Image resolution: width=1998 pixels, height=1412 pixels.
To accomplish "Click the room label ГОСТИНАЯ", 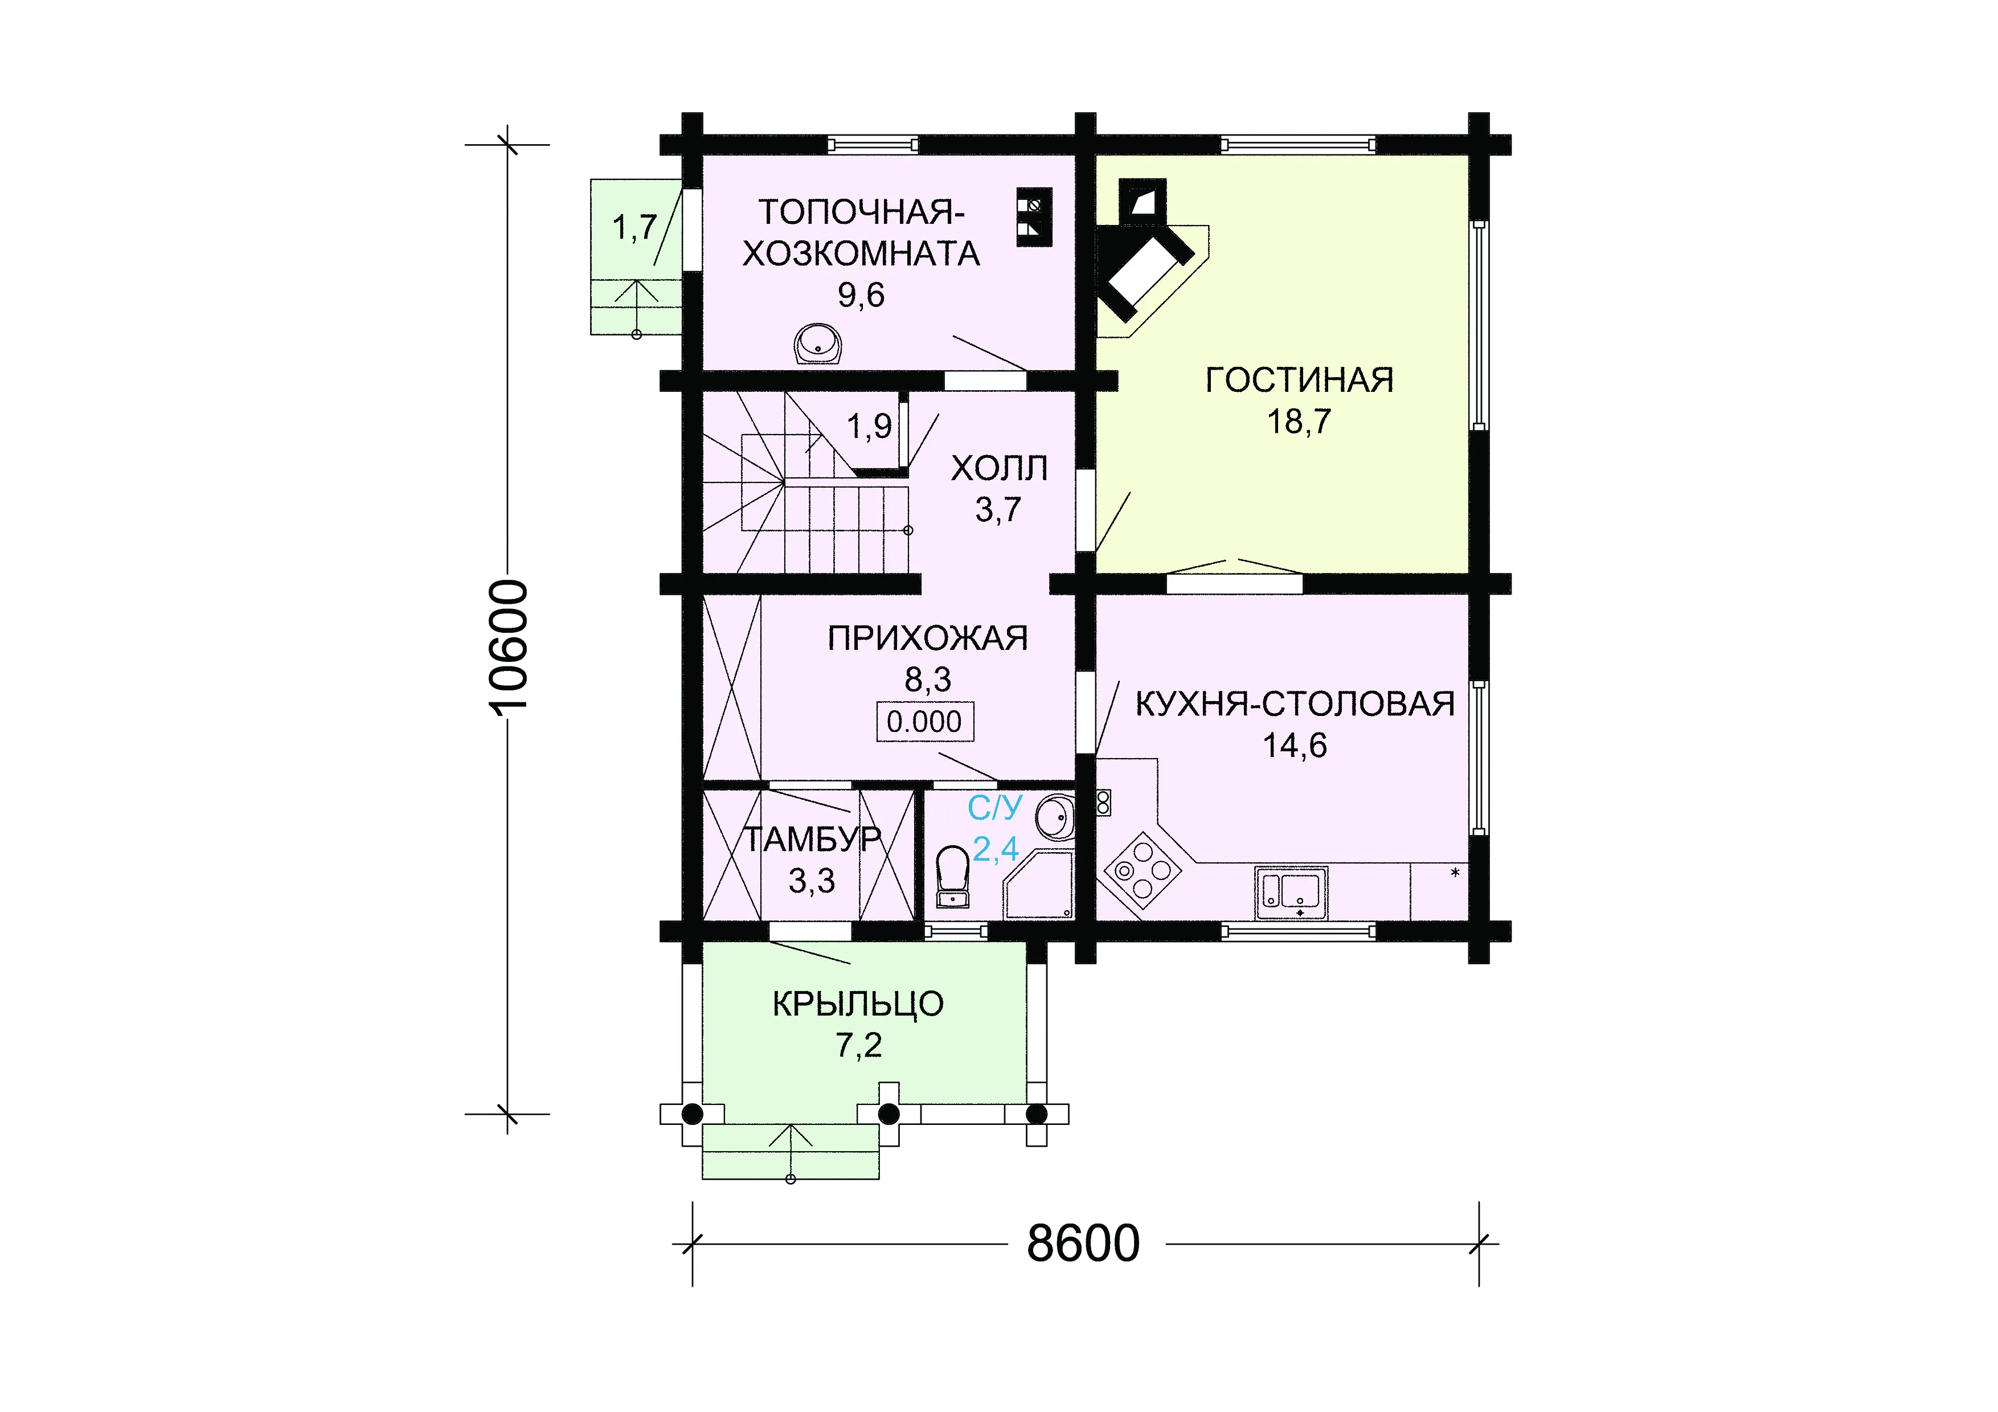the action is tap(1299, 380).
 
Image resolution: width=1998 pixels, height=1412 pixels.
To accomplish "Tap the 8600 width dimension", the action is tap(1083, 1243).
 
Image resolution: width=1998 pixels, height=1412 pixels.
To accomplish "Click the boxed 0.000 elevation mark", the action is tap(924, 721).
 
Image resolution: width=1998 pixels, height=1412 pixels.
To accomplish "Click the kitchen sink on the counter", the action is tap(1291, 893).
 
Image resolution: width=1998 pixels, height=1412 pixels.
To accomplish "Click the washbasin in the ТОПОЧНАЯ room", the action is tap(818, 345).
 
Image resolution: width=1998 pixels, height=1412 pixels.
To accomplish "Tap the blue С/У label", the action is tap(994, 807).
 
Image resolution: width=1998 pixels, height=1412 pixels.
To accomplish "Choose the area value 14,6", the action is tap(1295, 746).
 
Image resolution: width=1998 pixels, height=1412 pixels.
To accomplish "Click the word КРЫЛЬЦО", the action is tap(858, 1004).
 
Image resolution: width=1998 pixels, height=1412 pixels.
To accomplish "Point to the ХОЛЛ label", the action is tap(999, 468).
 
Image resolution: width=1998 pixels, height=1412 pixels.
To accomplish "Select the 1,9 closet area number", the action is tap(869, 426).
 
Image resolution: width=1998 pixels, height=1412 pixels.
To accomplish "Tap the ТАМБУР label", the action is tap(812, 840).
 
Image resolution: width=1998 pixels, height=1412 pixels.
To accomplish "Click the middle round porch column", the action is tap(889, 1114).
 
